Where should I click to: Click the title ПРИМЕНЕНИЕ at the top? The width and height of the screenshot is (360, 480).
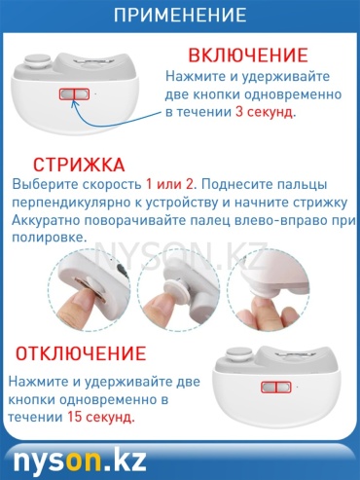tap(180, 15)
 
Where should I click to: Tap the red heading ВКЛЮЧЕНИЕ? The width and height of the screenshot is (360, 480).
tap(248, 55)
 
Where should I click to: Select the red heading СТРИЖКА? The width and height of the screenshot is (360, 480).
tap(79, 165)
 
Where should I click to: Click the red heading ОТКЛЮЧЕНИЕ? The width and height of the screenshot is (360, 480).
tap(81, 353)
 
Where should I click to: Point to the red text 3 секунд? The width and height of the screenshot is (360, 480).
tap(265, 112)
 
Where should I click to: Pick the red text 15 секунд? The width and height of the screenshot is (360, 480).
tap(100, 417)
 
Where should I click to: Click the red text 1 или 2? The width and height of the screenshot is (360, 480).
tap(169, 184)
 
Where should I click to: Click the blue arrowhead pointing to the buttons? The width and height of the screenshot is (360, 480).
tap(75, 103)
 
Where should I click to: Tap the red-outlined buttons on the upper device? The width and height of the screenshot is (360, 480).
tap(74, 94)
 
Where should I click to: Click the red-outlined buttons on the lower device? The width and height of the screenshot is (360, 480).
tap(276, 387)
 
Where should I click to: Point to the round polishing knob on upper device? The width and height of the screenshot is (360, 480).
tap(38, 61)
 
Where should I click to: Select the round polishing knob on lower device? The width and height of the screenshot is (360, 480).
tap(240, 354)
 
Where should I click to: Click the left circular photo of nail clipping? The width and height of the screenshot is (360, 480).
tap(90, 289)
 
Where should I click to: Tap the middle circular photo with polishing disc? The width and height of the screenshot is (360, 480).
tap(178, 289)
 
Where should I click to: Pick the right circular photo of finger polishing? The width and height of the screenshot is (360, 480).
tap(269, 289)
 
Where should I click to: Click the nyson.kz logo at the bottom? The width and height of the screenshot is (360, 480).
tap(80, 461)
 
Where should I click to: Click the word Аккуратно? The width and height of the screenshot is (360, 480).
tap(46, 221)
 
